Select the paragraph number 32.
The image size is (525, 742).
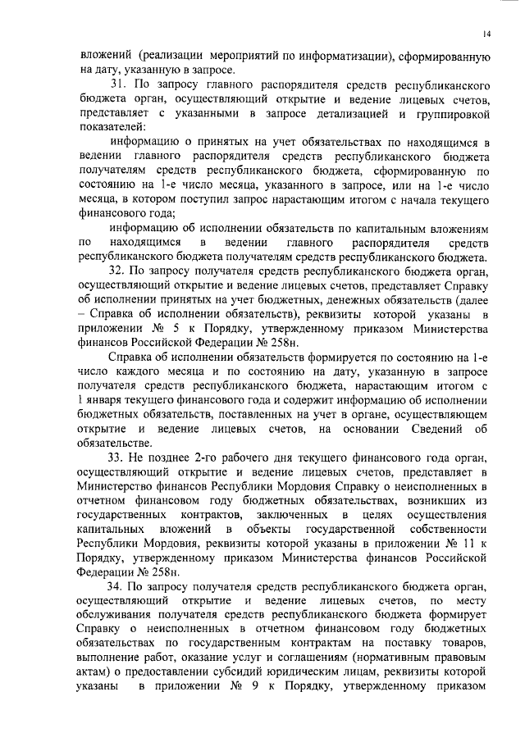tap(117, 269)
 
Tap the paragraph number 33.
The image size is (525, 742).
tap(117, 456)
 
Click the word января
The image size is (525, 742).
tap(108, 400)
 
